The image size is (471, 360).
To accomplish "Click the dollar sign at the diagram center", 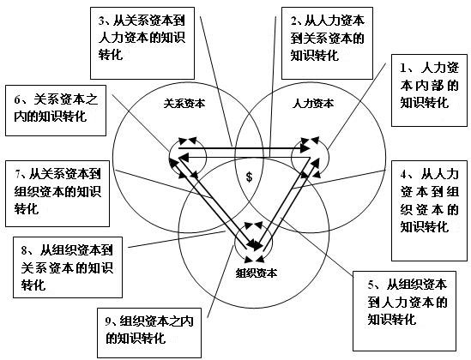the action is pyautogui.click(x=249, y=177).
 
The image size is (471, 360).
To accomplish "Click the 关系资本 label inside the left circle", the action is pyautogui.click(x=184, y=104).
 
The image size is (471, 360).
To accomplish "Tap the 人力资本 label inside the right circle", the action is pyautogui.click(x=313, y=104).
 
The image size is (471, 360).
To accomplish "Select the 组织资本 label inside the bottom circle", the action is pyautogui.click(x=256, y=273).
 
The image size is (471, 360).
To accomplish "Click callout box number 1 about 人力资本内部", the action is pyautogui.click(x=429, y=90).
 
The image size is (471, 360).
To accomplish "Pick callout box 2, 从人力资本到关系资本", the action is pyautogui.click(x=327, y=43).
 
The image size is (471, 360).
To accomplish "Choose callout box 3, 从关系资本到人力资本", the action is pyautogui.click(x=142, y=43).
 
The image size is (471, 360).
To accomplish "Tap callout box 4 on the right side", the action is pyautogui.click(x=429, y=211).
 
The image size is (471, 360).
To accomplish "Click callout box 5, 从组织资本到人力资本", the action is pyautogui.click(x=404, y=311).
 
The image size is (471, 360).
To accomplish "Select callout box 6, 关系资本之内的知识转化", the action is pyautogui.click(x=56, y=111).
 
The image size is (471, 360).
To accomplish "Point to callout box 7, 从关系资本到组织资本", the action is pyautogui.click(x=57, y=194).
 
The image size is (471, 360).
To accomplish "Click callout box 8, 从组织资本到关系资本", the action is pyautogui.click(x=68, y=267).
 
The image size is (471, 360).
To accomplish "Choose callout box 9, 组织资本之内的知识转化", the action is pyautogui.click(x=149, y=333).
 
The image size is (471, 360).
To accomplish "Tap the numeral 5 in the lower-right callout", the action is pyautogui.click(x=371, y=285).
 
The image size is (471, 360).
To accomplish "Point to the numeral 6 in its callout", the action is pyautogui.click(x=17, y=100).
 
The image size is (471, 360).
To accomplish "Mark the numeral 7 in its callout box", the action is pyautogui.click(x=19, y=175).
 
